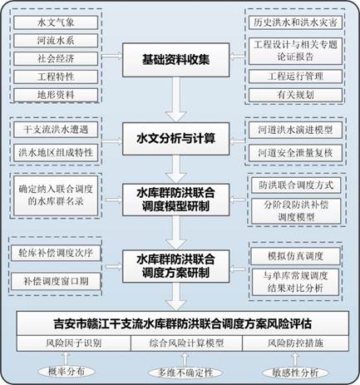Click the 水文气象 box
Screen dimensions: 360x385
56,22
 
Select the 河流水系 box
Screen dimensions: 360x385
56,41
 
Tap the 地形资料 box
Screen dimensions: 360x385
56,95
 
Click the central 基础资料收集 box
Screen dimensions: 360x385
176,60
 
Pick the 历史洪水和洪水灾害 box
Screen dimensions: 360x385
295,22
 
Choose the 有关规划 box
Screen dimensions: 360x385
295,95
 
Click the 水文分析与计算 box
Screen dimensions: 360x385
176,139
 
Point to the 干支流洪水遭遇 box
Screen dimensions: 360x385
56,130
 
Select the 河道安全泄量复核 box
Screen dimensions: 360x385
295,153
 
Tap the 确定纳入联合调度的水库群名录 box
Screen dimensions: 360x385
56,195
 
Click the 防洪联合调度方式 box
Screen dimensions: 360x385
296,185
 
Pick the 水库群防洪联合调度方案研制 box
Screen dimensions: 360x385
176,266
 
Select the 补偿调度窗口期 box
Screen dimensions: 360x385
56,281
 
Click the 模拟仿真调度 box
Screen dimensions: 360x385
295,256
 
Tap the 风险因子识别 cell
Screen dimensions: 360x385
74,343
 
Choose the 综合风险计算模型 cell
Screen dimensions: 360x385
186,343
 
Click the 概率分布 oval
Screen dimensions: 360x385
67,372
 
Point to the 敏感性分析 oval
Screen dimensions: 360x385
295,373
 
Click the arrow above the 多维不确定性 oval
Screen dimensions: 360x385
185,359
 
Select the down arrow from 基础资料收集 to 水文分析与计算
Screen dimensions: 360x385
175,99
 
